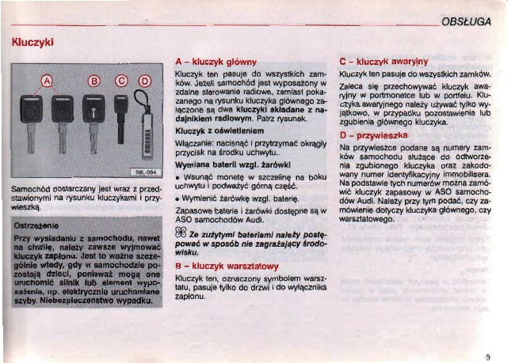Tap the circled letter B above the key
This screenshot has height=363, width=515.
94,80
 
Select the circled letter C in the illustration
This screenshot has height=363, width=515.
121,80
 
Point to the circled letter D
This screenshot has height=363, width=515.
145,80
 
